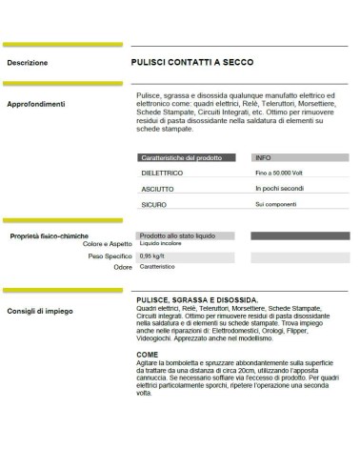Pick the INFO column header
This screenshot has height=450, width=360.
264,157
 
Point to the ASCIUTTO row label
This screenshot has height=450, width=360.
156,189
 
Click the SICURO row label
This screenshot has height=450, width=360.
153,204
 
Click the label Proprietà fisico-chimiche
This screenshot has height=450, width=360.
50,235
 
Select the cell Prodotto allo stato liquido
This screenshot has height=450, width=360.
177,235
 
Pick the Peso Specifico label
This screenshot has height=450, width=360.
110,256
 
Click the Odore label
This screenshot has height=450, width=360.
122,268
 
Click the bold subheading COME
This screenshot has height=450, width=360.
147,355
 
